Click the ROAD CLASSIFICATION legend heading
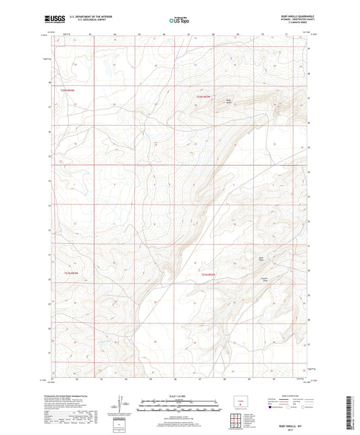click(x=288, y=395)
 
